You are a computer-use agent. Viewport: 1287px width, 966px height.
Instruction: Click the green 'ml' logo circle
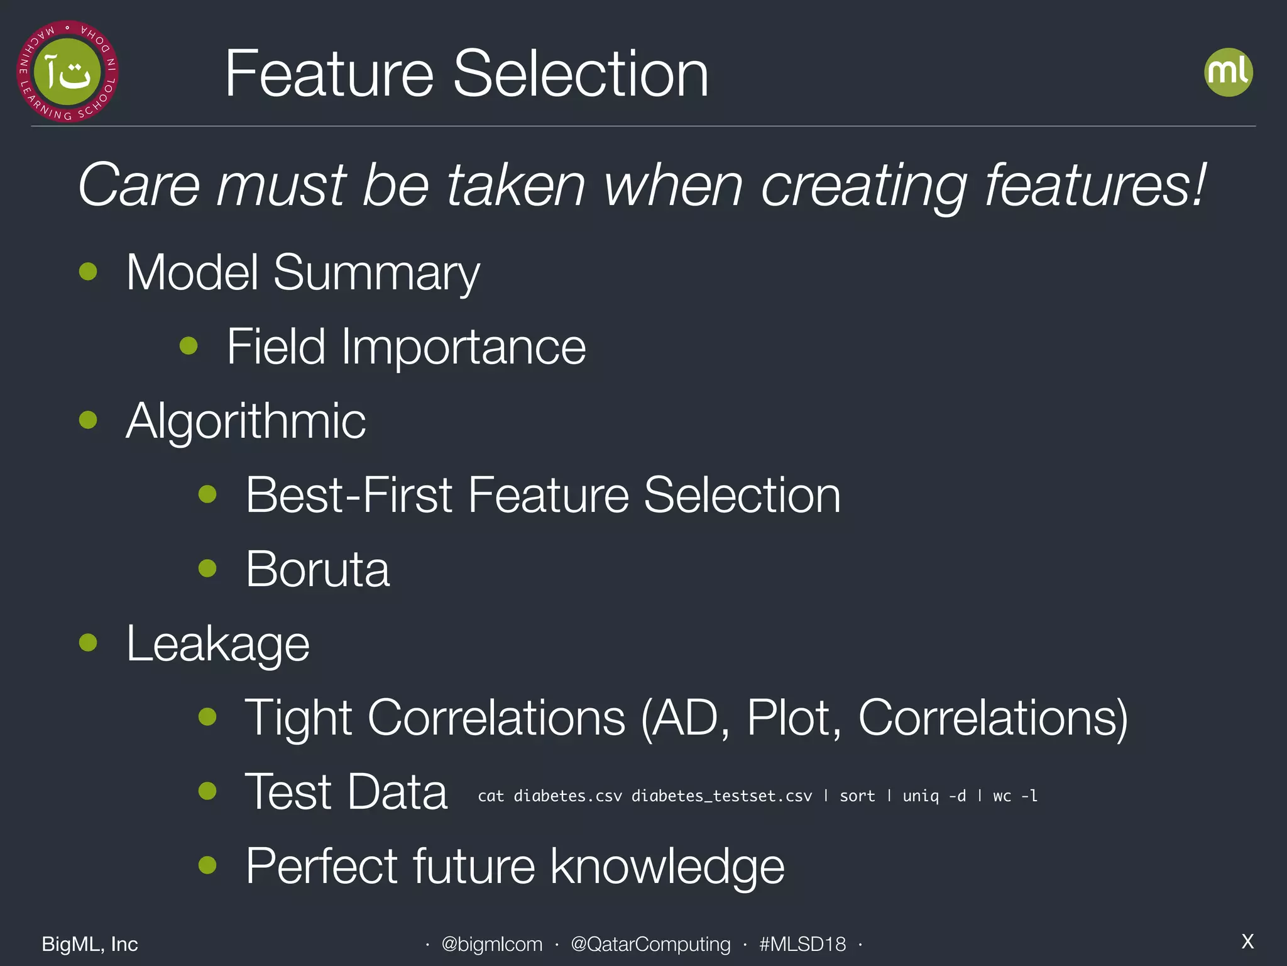1228,72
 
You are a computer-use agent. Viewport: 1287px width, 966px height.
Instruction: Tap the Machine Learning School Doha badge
67,72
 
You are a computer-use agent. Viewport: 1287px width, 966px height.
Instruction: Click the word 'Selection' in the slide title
581,74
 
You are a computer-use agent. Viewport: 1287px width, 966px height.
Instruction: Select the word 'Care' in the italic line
139,185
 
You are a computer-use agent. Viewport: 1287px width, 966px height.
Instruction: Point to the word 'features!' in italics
1095,185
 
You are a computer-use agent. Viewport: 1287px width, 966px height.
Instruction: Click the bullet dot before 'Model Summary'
88,272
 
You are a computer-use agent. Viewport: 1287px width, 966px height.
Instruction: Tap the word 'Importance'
463,347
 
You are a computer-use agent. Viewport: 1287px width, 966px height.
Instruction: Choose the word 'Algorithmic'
246,421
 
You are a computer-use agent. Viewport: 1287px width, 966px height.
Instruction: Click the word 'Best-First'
348,495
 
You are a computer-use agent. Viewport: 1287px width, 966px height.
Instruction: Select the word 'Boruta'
317,569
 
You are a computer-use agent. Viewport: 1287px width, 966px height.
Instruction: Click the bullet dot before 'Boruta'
207,569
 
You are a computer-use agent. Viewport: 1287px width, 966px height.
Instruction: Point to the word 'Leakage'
217,643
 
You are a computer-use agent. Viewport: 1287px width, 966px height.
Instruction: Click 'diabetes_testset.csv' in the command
721,796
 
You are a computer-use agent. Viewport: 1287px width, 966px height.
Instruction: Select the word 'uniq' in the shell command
921,796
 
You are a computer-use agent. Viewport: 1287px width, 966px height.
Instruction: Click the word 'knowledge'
667,866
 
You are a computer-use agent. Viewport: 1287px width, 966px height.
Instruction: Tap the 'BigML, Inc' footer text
90,944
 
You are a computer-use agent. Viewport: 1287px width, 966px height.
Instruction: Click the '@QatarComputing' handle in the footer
650,944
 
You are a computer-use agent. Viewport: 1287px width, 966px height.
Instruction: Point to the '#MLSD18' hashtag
802,944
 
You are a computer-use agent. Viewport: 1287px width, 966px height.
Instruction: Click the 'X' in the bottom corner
1247,941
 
